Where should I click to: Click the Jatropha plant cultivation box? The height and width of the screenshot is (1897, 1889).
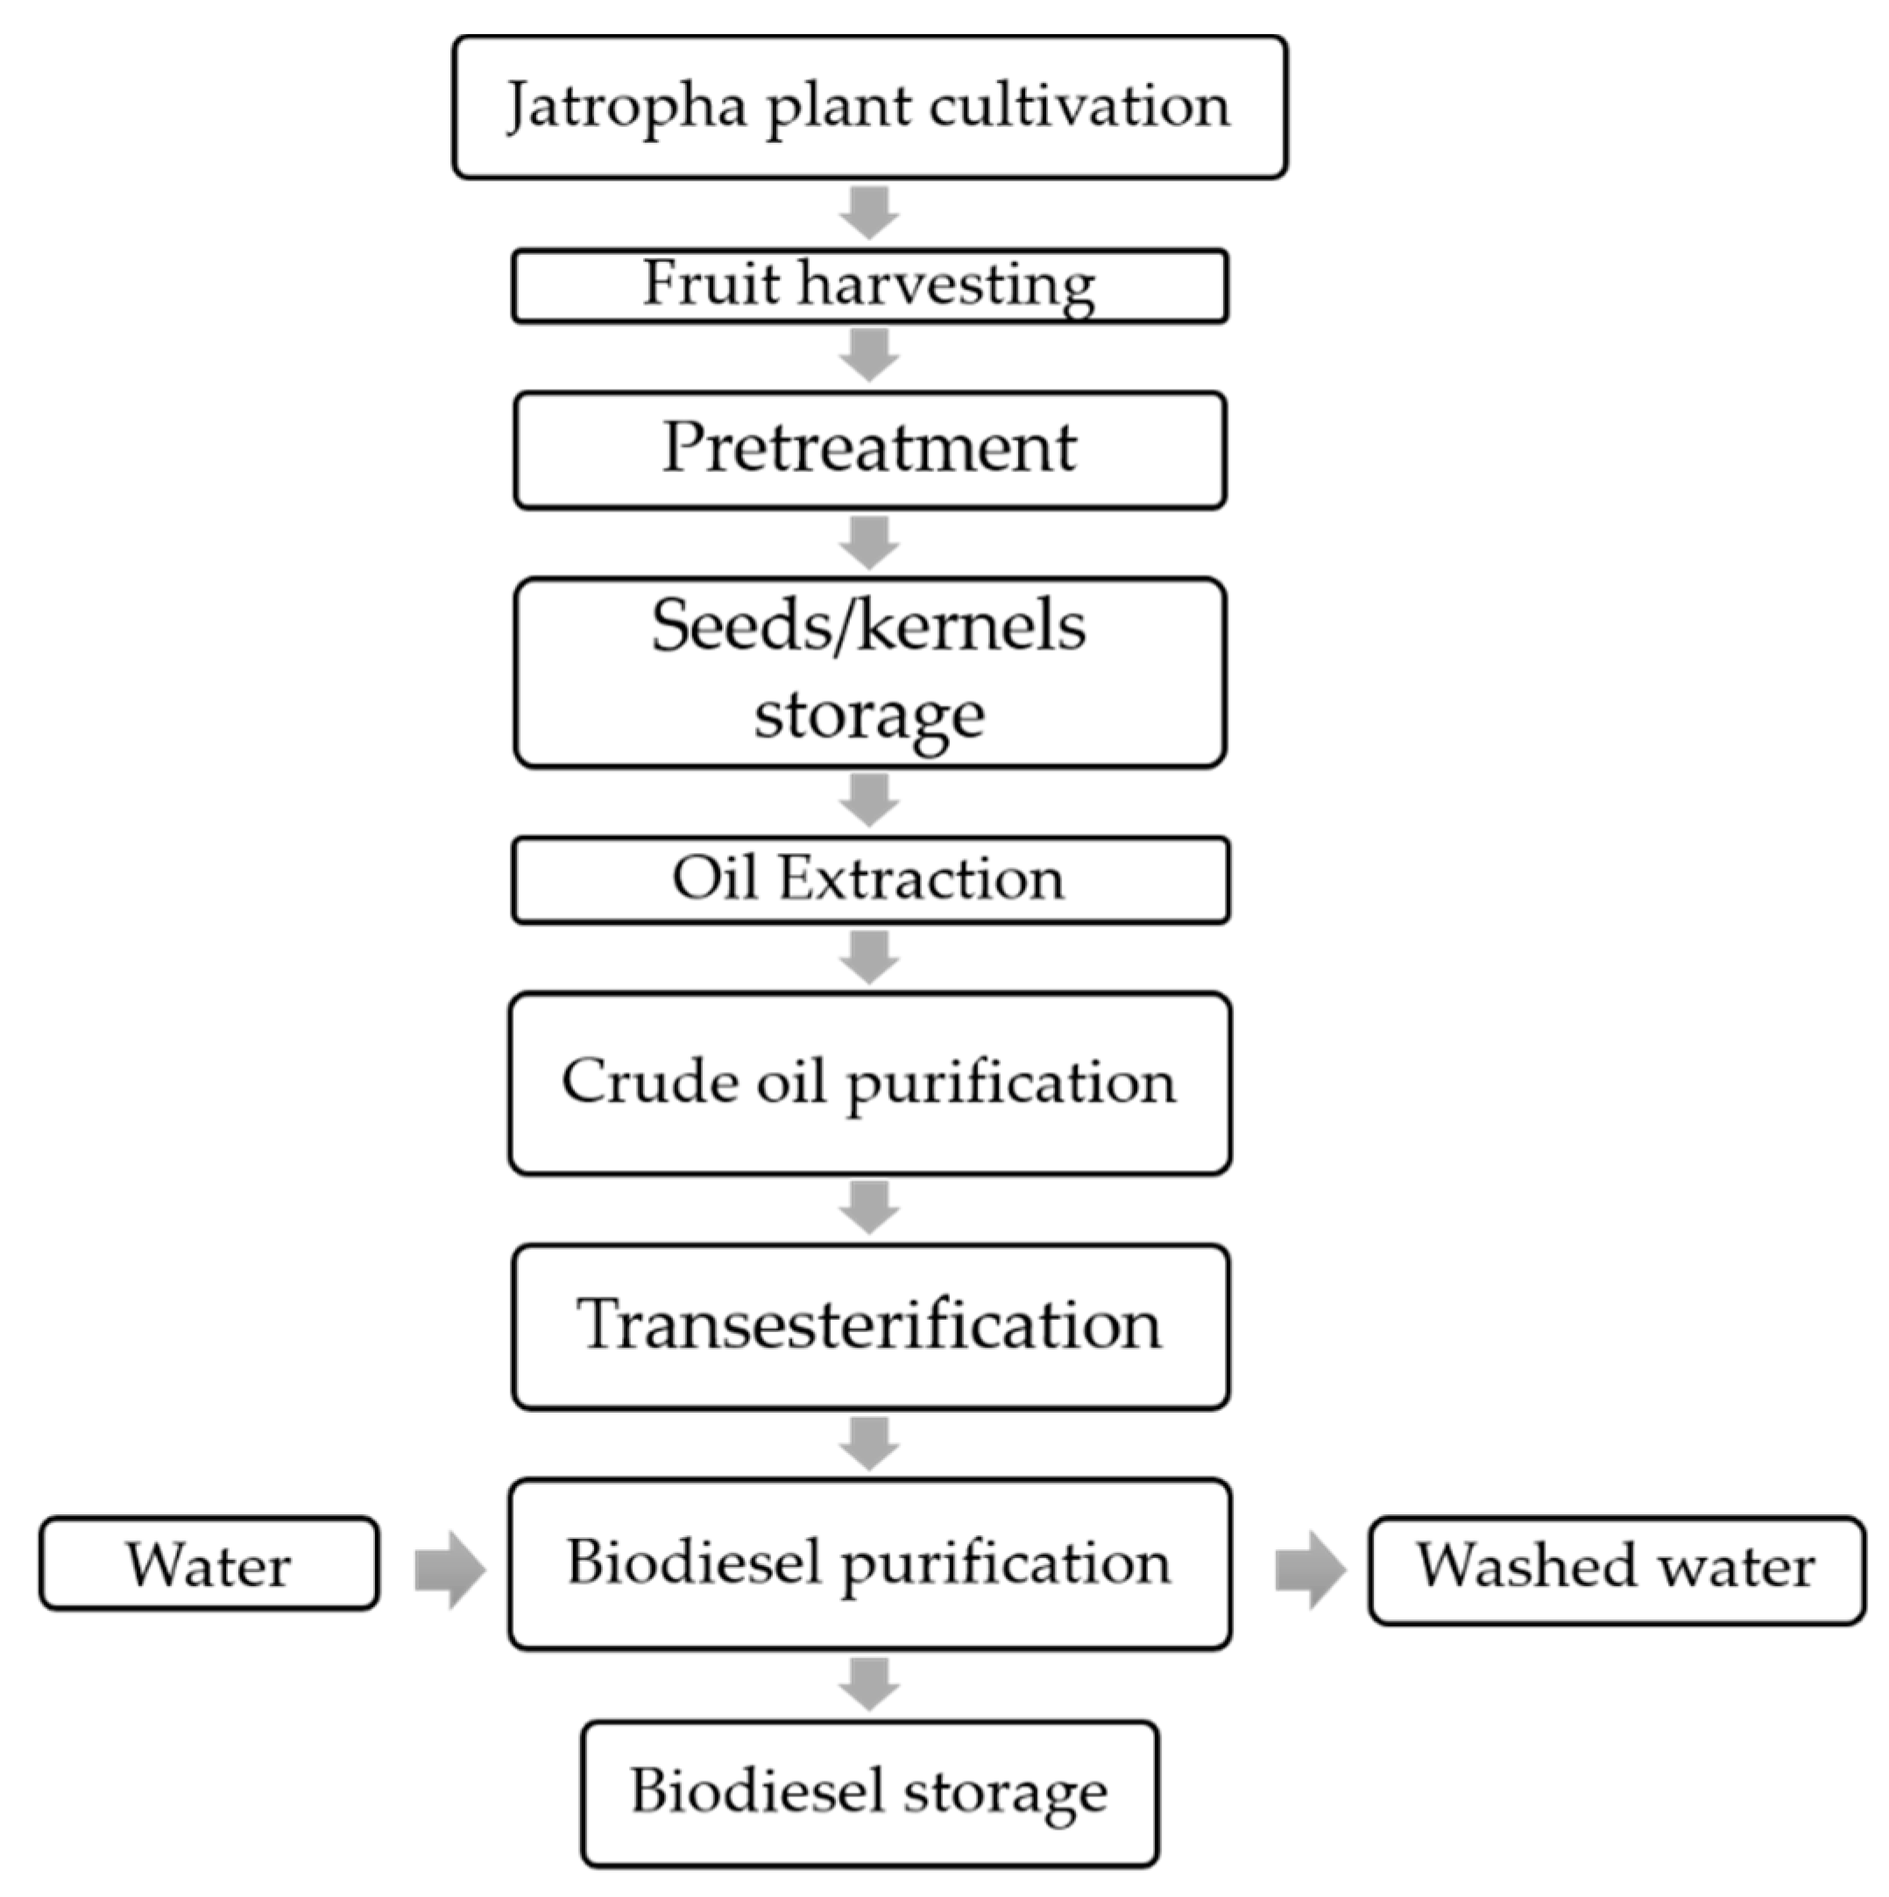[869, 108]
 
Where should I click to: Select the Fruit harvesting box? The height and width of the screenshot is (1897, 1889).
[869, 286]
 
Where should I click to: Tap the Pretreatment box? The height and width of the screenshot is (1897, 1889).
[869, 449]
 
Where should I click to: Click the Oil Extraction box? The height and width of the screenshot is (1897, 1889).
[869, 880]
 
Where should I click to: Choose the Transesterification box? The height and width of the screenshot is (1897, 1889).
[869, 1328]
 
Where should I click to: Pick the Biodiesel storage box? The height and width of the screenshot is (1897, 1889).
[869, 1793]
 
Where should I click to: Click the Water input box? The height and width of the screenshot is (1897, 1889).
[209, 1565]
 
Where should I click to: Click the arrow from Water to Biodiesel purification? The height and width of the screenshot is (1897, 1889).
[449, 1569]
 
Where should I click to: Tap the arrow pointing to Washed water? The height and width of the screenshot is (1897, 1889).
[1311, 1569]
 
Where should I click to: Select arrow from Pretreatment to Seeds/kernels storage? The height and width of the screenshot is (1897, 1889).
[869, 543]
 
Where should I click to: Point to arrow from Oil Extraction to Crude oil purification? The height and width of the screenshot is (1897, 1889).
[869, 957]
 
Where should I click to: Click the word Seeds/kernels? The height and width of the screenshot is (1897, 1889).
[868, 626]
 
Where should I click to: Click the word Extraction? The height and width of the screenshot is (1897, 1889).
[921, 878]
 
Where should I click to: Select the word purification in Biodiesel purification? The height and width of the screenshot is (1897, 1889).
[1006, 1563]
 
